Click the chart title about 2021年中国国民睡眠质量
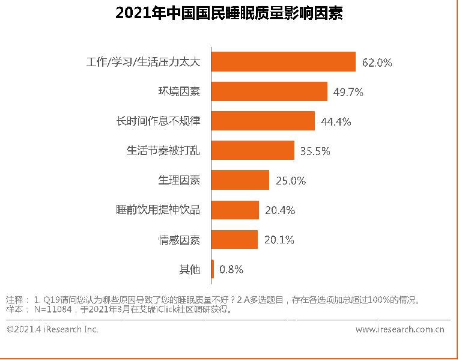pyautogui.click(x=228, y=14)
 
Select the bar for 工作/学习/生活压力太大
pyautogui.click(x=283, y=62)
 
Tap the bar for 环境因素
pyautogui.click(x=269, y=91)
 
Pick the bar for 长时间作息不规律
pyautogui.click(x=263, y=121)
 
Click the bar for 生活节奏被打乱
pyautogui.click(x=252, y=150)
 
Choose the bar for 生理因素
pyautogui.click(x=240, y=180)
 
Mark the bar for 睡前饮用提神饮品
pyautogui.click(x=234, y=210)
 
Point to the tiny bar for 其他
pyautogui.click(x=212, y=269)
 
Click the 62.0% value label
pyautogui.click(x=377, y=63)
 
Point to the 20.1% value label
pyautogui.click(x=279, y=240)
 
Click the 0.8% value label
pyautogui.click(x=231, y=269)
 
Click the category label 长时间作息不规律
pyautogui.click(x=158, y=121)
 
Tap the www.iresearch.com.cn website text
pyautogui.click(x=400, y=329)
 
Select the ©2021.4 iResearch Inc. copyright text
pyautogui.click(x=52, y=329)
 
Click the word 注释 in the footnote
pyautogui.click(x=14, y=300)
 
